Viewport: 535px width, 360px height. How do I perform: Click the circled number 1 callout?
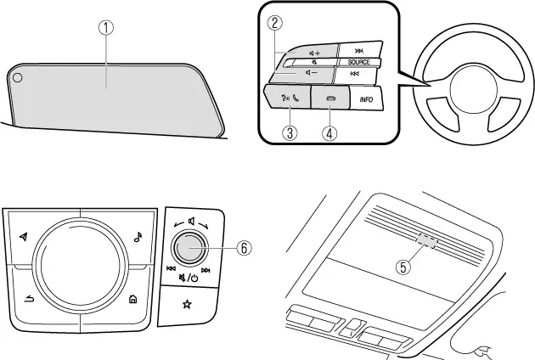tap(105, 27)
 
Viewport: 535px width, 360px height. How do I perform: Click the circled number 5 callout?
tap(405, 266)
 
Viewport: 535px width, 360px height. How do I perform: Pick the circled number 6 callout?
tap(244, 249)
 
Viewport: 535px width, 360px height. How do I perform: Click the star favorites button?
tap(185, 303)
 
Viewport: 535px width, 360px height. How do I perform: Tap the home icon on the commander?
tap(133, 298)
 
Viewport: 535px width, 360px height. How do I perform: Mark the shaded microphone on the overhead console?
tap(428, 243)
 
